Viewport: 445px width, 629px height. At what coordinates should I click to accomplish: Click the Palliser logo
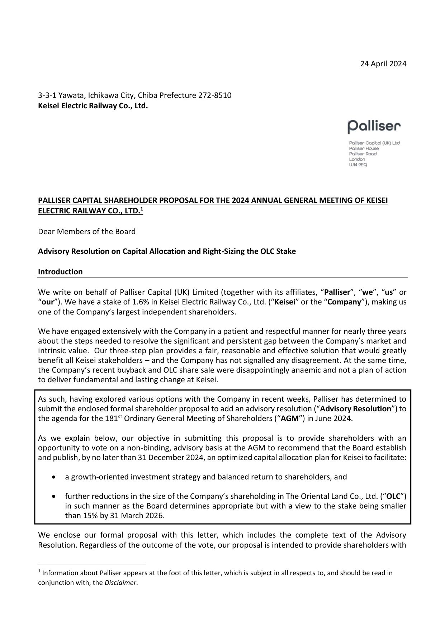click(x=374, y=127)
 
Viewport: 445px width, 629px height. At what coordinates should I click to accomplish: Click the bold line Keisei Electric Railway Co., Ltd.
click(x=93, y=106)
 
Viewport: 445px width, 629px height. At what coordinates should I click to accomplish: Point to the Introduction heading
click(x=60, y=272)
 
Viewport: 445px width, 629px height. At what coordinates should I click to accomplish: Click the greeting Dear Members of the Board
click(x=87, y=232)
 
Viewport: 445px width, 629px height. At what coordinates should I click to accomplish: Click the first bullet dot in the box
click(x=54, y=477)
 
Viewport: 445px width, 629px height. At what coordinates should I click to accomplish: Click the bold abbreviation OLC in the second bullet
click(x=395, y=496)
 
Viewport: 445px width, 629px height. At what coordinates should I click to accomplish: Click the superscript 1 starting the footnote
click(x=39, y=572)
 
